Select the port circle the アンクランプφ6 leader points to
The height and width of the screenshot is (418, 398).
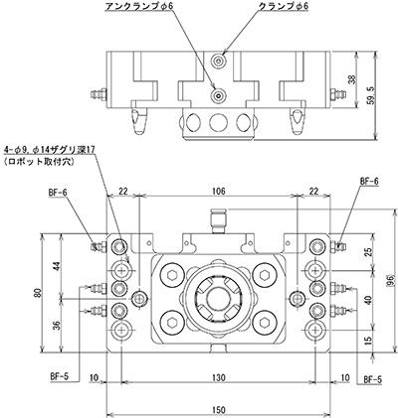(x=219, y=95)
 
